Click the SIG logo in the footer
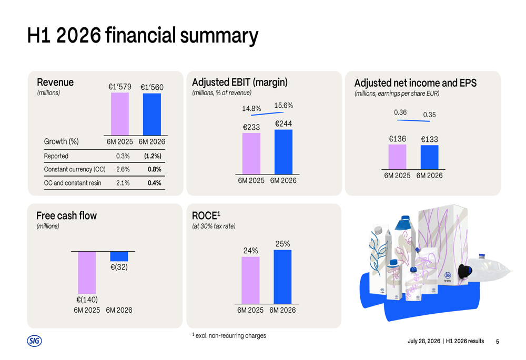(x=34, y=341)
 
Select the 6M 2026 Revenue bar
(x=152, y=114)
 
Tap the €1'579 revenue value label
(x=120, y=87)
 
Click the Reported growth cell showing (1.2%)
(x=153, y=156)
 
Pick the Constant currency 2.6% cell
(x=123, y=169)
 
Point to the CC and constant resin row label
(x=73, y=183)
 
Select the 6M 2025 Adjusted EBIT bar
(x=251, y=153)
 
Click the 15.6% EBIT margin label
(x=284, y=106)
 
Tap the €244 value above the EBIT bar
(x=284, y=124)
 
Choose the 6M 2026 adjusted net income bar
(x=429, y=157)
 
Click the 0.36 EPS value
(x=400, y=112)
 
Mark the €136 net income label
(x=397, y=139)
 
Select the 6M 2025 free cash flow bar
(x=87, y=273)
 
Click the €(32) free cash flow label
(x=119, y=267)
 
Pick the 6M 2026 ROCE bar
(x=282, y=277)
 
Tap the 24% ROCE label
(x=250, y=251)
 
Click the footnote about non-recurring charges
(x=229, y=335)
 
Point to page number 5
(x=498, y=342)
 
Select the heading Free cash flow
(x=66, y=215)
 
